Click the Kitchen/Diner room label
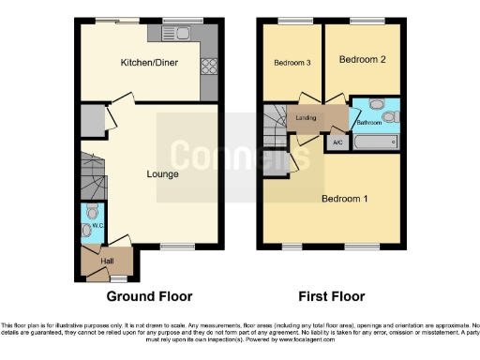[149, 63]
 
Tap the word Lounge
[162, 173]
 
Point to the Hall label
[107, 261]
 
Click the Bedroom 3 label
[292, 63]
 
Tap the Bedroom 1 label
[345, 198]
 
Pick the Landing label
[305, 118]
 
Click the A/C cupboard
[337, 142]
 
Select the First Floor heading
[331, 296]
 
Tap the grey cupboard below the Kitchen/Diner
[91, 119]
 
